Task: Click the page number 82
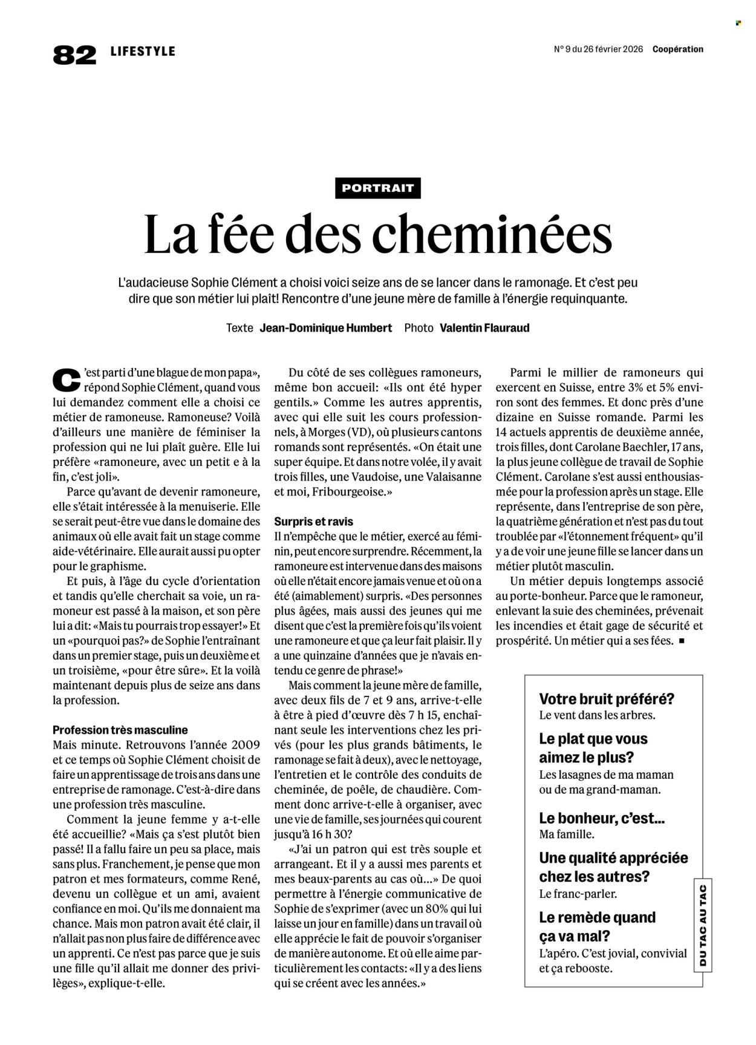[74, 54]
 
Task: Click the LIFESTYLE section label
[143, 51]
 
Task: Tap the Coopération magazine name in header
[677, 50]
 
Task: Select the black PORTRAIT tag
[377, 188]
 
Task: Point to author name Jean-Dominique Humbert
[326, 328]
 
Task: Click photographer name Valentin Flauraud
[484, 328]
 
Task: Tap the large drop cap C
[66, 379]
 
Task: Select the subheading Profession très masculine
[120, 730]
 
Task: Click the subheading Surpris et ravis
[313, 521]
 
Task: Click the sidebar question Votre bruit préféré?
[607, 699]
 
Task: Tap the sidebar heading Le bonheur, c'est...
[602, 818]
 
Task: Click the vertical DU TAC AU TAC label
[702, 925]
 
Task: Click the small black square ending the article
[682, 640]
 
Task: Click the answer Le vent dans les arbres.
[597, 715]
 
